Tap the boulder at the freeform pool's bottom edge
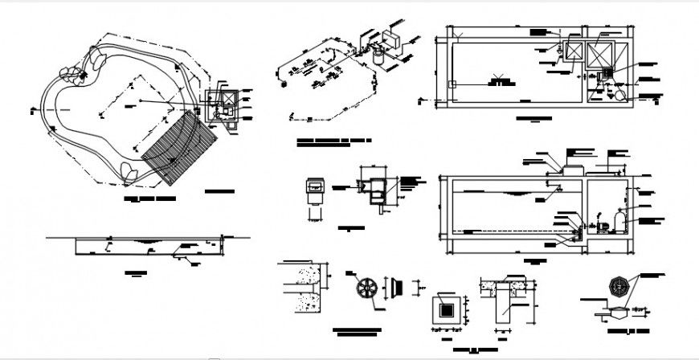[129, 171]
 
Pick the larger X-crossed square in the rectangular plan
[600, 55]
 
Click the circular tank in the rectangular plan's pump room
[617, 93]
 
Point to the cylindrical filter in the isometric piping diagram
[376, 55]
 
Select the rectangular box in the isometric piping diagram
[393, 41]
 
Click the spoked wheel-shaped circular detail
[366, 286]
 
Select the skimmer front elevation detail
[314, 193]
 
